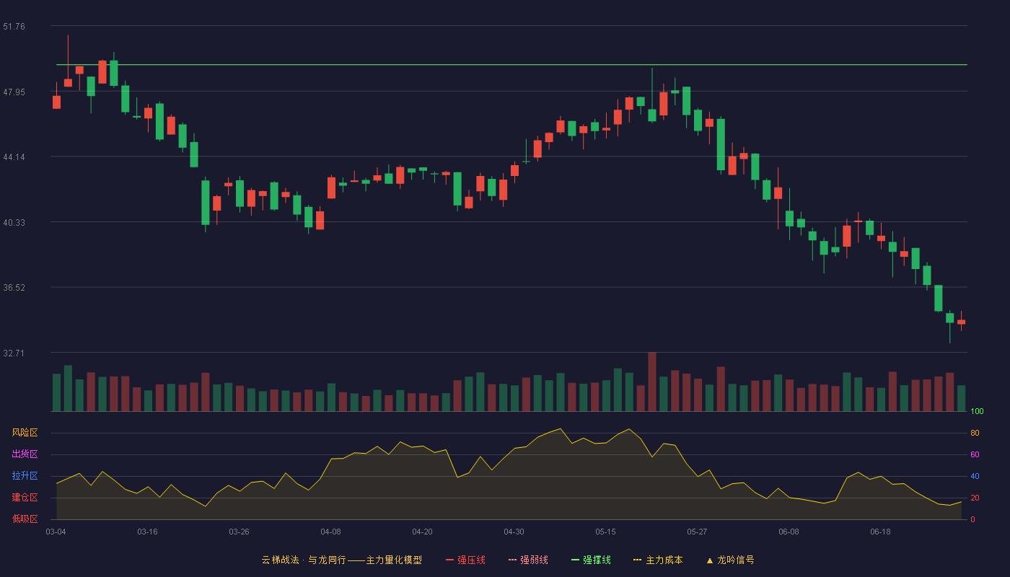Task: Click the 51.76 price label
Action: (x=14, y=27)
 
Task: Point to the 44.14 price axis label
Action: (x=14, y=157)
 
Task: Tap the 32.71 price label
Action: (x=14, y=353)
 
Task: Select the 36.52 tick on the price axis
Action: (x=14, y=288)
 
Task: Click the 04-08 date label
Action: (x=330, y=532)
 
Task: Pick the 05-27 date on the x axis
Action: (x=697, y=532)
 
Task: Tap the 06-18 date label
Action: (x=880, y=532)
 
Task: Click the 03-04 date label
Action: (x=56, y=532)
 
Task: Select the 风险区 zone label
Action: (x=25, y=433)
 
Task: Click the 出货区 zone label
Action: (x=25, y=454)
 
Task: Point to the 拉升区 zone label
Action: (x=25, y=475)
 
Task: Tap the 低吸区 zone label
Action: (x=25, y=519)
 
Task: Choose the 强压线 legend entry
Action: (x=465, y=560)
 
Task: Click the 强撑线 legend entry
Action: (x=591, y=560)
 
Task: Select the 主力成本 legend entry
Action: (x=658, y=560)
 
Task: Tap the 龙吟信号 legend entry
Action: (x=730, y=560)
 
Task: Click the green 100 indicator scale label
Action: (x=977, y=411)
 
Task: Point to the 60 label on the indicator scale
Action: (x=975, y=454)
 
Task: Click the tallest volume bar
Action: (x=652, y=382)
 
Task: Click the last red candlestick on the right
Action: (x=961, y=322)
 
